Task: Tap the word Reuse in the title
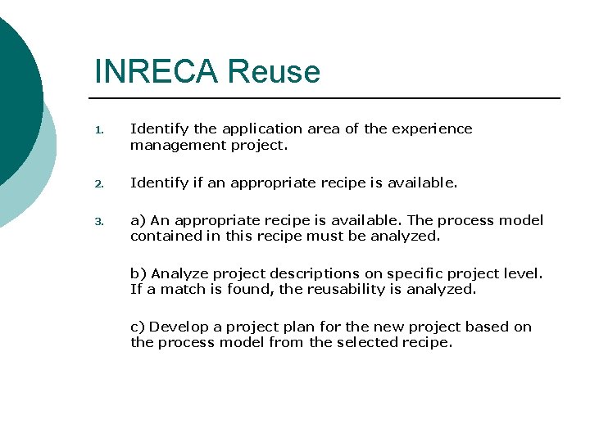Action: point(274,71)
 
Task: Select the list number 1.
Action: point(98,129)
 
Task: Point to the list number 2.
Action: point(98,183)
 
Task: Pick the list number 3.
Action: point(98,221)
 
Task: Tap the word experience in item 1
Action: point(433,129)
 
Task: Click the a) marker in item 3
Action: point(138,220)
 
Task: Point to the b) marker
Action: point(138,273)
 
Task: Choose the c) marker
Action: point(138,327)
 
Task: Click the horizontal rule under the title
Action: point(328,98)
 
